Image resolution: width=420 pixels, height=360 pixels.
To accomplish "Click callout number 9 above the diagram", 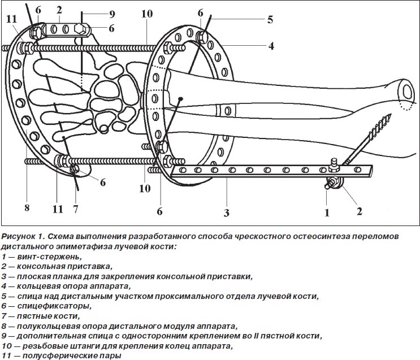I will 111,13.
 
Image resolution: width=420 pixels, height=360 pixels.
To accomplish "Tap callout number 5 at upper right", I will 270,20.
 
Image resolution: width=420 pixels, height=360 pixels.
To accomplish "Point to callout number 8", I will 27,208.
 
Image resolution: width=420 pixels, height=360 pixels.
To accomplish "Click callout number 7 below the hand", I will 75,208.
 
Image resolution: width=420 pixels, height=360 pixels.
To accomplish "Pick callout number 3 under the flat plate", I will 226,213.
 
